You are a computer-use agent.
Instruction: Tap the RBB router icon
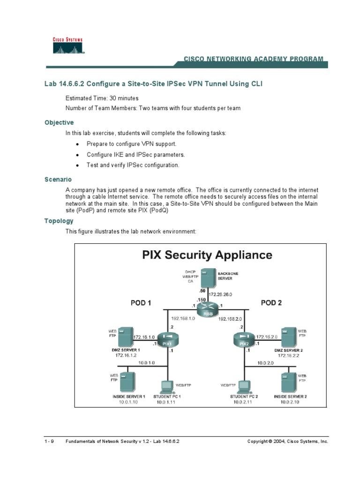click(204, 309)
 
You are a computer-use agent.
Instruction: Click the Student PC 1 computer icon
click(165, 385)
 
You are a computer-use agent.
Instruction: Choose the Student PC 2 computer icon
click(243, 385)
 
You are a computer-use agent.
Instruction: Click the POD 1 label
click(141, 303)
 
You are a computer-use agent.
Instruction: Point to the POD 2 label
click(271, 303)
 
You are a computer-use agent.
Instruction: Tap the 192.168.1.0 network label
click(180, 318)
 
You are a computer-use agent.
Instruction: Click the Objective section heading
click(59, 122)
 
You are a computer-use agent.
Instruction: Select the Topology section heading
click(59, 221)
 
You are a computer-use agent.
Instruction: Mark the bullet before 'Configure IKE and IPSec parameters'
click(77, 155)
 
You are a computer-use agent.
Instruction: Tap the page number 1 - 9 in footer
click(49, 442)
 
